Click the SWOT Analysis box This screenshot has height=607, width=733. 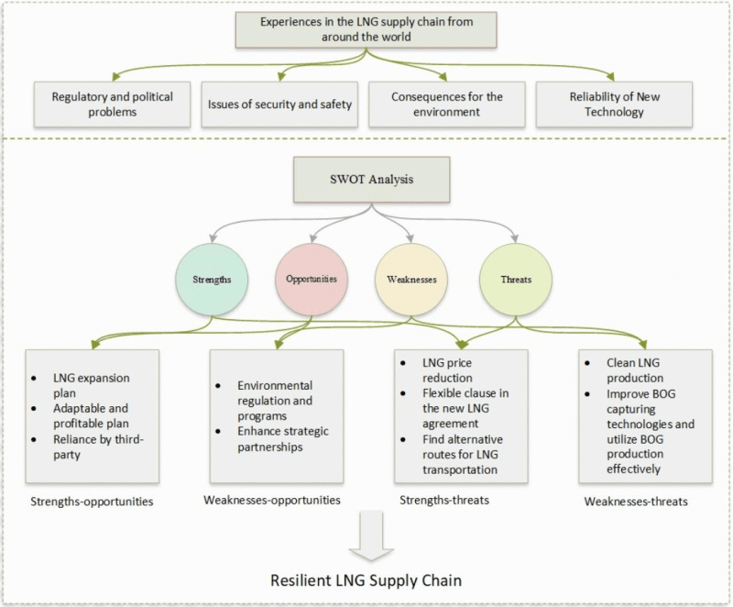365,180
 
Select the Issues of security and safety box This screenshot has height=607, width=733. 279,104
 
